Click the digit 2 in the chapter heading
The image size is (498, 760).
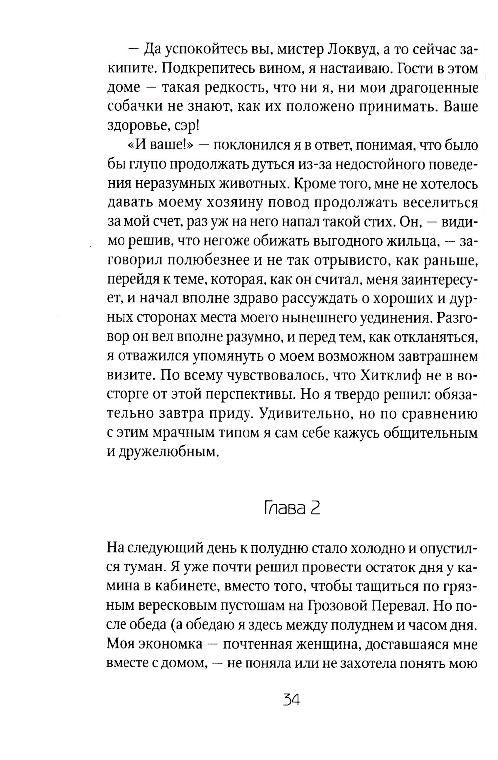pyautogui.click(x=314, y=509)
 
